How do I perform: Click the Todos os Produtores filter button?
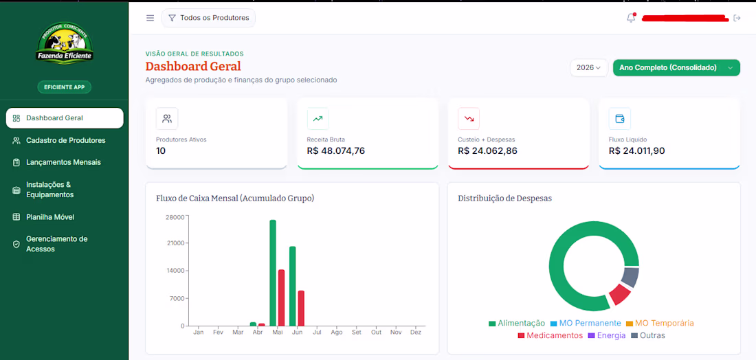(x=208, y=18)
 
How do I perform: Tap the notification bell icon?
(x=631, y=18)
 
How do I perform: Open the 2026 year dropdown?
(x=589, y=68)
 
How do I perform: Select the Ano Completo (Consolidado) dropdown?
(x=676, y=68)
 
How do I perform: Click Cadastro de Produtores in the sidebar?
(x=65, y=140)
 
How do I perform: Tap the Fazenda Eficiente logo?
(x=65, y=43)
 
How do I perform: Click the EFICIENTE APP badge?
(x=65, y=87)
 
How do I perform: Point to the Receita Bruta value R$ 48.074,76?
(x=335, y=151)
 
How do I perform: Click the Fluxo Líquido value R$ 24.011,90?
(x=637, y=151)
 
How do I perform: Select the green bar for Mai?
(x=273, y=273)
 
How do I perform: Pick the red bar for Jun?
(x=301, y=308)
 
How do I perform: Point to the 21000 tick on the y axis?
(x=175, y=243)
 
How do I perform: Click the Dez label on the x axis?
(x=415, y=332)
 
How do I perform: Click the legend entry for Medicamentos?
(x=550, y=335)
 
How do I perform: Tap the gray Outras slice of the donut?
(x=630, y=278)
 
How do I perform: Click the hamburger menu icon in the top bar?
(x=151, y=18)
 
